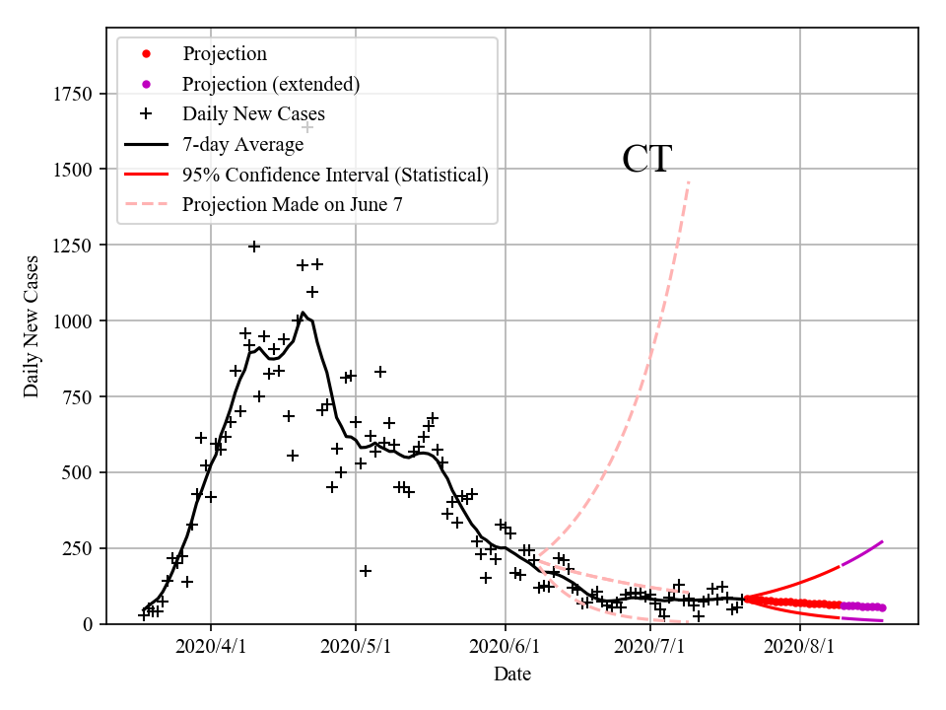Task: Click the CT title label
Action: (x=646, y=160)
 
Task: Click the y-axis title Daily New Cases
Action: (x=32, y=325)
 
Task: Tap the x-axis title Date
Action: (x=512, y=674)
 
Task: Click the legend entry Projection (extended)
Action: (x=271, y=84)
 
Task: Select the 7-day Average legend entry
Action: (x=242, y=145)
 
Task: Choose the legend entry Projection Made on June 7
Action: (x=293, y=205)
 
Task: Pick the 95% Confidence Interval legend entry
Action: (x=335, y=176)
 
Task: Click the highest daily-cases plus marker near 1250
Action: (x=254, y=247)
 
